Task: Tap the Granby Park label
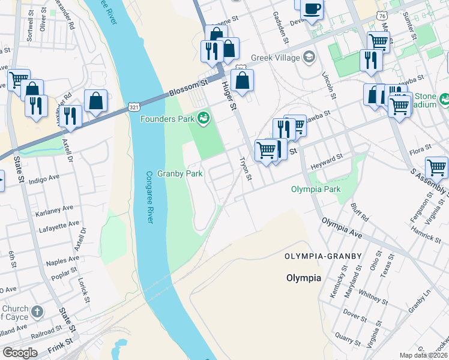[x=180, y=174]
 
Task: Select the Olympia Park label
[x=316, y=189]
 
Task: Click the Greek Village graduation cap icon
[x=309, y=57]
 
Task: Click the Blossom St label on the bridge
[x=187, y=90]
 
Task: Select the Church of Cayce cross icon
[x=37, y=311]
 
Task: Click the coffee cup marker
[x=312, y=9]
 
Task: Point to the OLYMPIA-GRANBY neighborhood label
[x=324, y=256]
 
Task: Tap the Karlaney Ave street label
[x=54, y=208]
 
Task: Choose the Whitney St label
[x=372, y=294]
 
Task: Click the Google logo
[x=20, y=353]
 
